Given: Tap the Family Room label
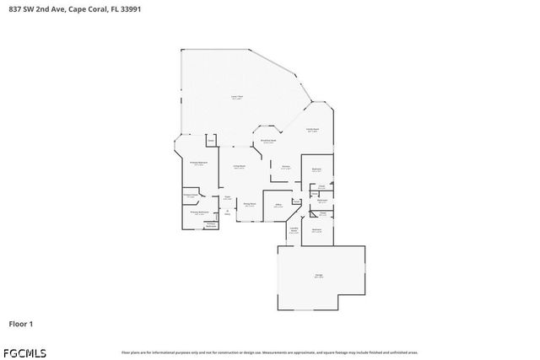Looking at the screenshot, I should point(312,130).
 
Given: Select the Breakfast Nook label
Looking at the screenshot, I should point(268,141).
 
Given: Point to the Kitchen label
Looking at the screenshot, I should point(286,167).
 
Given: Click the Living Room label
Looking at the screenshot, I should point(240,167).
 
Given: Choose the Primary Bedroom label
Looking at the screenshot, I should point(199,164).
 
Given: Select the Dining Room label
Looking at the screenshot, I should point(250,205).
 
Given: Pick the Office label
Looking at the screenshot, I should point(278,205).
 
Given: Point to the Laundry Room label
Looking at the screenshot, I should point(294,229).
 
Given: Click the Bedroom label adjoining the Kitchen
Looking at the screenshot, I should point(316,170).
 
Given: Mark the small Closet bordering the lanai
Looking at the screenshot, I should point(211,140).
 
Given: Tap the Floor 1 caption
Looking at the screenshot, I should point(20,324).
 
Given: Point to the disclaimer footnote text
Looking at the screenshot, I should point(269,352).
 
